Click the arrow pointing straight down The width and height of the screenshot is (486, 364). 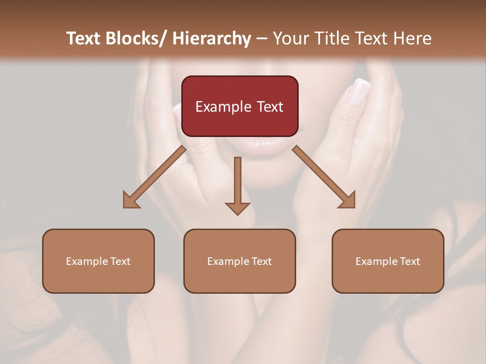237,185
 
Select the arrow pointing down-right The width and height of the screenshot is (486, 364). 324,177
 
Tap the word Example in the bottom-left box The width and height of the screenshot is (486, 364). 87,261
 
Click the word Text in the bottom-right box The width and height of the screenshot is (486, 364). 410,261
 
